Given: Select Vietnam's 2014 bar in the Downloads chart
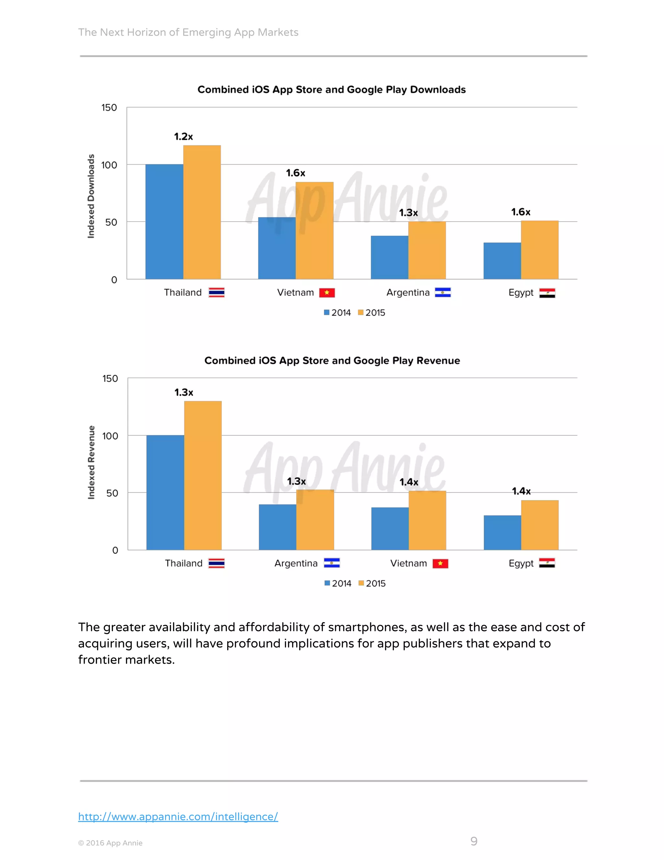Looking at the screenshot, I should [x=277, y=248].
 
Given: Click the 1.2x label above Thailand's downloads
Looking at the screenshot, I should [x=183, y=137].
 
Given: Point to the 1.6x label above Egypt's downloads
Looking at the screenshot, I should [x=520, y=212].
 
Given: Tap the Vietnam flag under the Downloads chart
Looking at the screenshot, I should [x=327, y=293].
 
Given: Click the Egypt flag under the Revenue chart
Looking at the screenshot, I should [x=547, y=563].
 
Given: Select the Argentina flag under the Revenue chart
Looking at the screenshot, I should [x=332, y=563].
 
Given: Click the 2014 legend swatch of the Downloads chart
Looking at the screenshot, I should [x=326, y=313].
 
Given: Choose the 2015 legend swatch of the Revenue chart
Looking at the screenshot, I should [x=361, y=583].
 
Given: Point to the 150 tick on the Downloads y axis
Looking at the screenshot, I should [x=109, y=107].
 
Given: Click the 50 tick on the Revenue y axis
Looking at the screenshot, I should [x=112, y=493].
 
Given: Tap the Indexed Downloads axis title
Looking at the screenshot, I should [x=91, y=196].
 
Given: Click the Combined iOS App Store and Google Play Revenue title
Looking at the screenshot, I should [x=332, y=361].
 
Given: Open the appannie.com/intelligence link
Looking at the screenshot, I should [x=178, y=817].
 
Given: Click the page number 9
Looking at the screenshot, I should [x=474, y=841].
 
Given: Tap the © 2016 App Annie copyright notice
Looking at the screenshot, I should [x=110, y=843].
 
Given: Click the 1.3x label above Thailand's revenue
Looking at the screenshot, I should [x=184, y=393].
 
